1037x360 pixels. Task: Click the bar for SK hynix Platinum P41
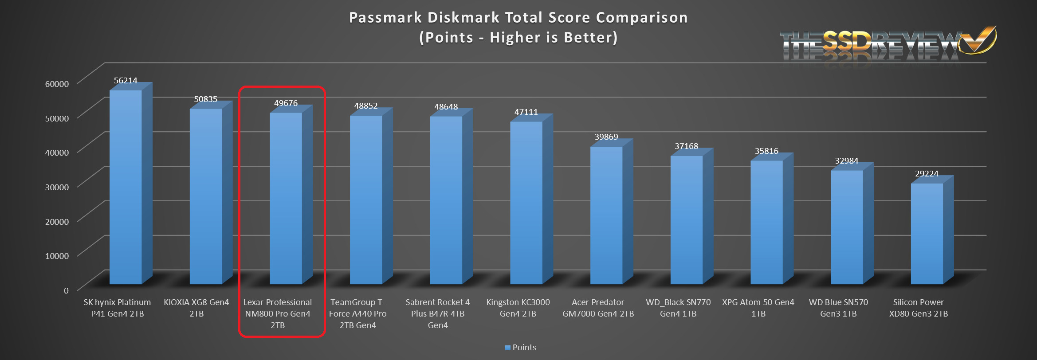[x=126, y=186]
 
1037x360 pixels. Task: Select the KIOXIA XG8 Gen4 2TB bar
[x=206, y=195]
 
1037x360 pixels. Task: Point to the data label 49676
[x=286, y=103]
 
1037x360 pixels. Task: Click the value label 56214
[x=126, y=81]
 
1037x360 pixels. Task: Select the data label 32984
[x=846, y=161]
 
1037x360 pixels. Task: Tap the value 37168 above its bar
[x=686, y=146]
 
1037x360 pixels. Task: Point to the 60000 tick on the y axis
[x=57, y=84]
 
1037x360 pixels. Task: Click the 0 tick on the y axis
[x=66, y=290]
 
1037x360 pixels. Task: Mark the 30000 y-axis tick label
[x=57, y=187]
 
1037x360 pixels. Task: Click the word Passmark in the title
[x=385, y=18]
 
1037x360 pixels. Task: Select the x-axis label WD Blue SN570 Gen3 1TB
[x=838, y=308]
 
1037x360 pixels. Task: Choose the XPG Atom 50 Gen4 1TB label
[x=758, y=308]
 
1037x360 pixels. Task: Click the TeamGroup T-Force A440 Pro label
[x=357, y=313]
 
